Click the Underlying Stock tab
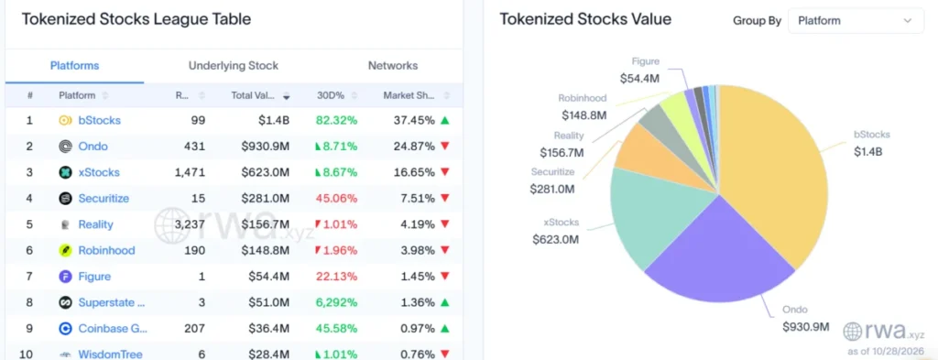[x=234, y=66]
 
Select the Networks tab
[x=393, y=66]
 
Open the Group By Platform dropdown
[x=856, y=21]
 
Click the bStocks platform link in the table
[x=99, y=120]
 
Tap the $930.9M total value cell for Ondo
[x=266, y=147]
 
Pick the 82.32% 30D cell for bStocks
[x=337, y=120]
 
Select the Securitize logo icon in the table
[x=66, y=199]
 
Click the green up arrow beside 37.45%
[x=444, y=120]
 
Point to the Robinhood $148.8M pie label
[x=584, y=107]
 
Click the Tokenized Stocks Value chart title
[x=585, y=19]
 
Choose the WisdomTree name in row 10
[x=111, y=354]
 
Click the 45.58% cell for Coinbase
[x=337, y=328]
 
